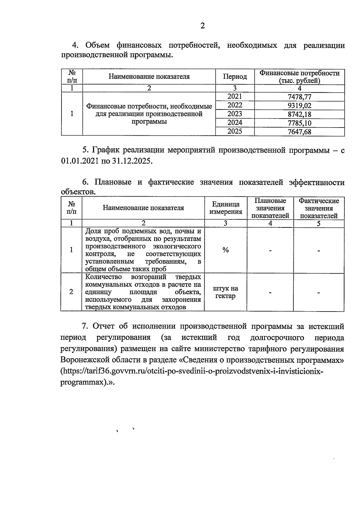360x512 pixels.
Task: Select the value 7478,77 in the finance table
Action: [299, 97]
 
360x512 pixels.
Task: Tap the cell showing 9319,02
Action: [299, 106]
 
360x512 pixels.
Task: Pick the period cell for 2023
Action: [235, 114]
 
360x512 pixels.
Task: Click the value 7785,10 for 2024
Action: [299, 123]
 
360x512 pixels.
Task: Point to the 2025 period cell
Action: [235, 131]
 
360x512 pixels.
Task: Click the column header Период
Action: [235, 77]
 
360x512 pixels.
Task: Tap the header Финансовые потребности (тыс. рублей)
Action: [299, 77]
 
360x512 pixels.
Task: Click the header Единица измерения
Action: [226, 208]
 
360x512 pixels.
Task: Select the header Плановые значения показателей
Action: [270, 208]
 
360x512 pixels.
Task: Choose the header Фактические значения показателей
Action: [319, 208]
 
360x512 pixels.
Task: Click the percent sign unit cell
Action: [226, 250]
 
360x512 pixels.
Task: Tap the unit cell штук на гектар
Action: [226, 292]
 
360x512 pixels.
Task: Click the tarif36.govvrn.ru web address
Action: [192, 371]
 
